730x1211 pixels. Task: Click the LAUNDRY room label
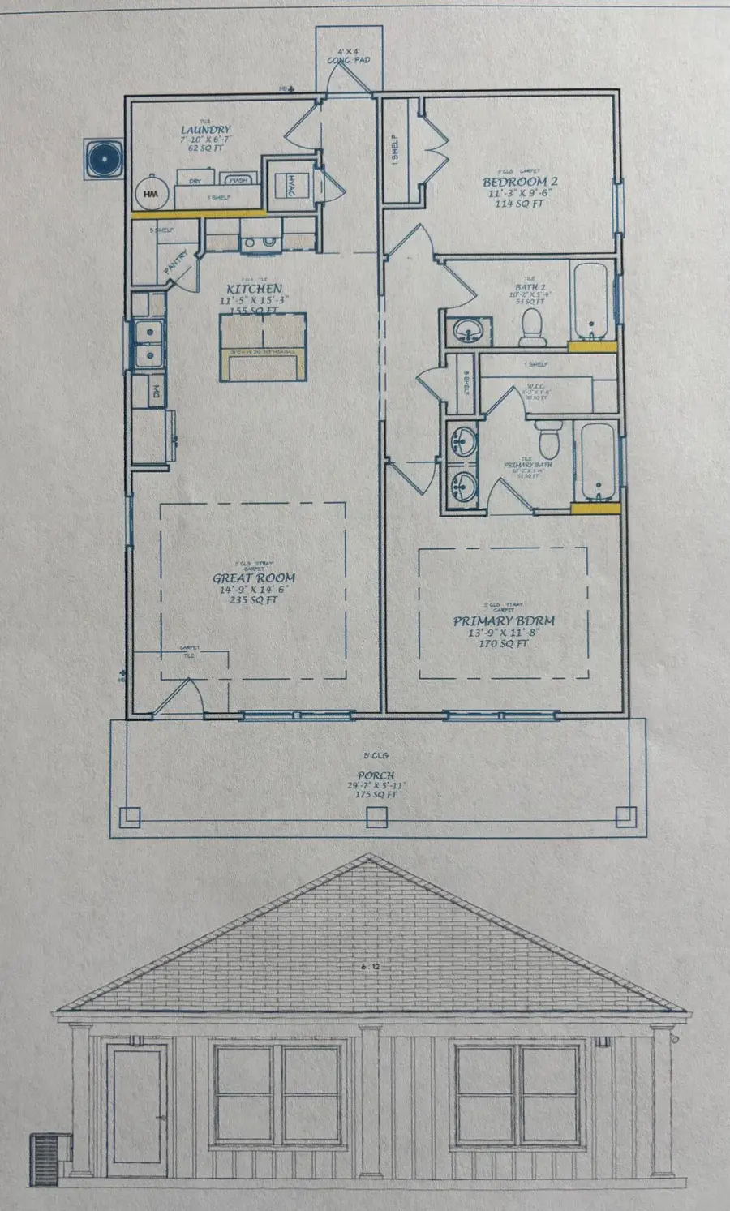[x=205, y=130]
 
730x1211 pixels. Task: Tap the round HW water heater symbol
[x=151, y=194]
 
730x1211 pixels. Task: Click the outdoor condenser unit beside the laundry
[x=104, y=158]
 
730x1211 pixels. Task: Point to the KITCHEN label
[x=254, y=289]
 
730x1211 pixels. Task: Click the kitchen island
[x=262, y=346]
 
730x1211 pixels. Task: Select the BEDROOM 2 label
[x=520, y=183]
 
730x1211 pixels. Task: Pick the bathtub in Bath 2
[x=593, y=302]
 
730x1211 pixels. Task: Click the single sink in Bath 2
[x=468, y=330]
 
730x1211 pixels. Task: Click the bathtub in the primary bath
[x=598, y=461]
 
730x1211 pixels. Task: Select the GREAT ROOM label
[x=254, y=578]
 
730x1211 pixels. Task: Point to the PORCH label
[x=376, y=776]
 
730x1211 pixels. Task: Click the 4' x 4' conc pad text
[x=349, y=56]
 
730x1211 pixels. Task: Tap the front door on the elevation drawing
[x=139, y=1110]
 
